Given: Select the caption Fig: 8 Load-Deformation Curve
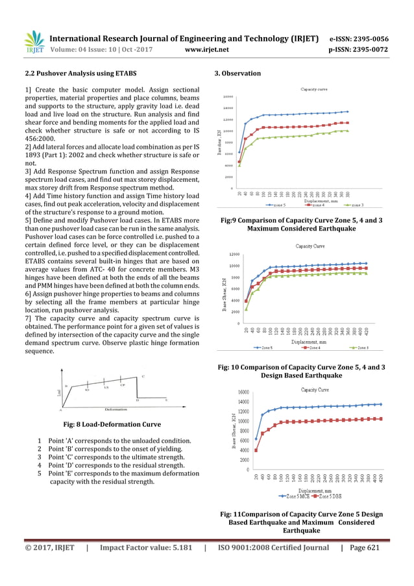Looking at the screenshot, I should (111, 424).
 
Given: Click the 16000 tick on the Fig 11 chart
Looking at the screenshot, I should (245, 392).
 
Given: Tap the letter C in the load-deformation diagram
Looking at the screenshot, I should (143, 377).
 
